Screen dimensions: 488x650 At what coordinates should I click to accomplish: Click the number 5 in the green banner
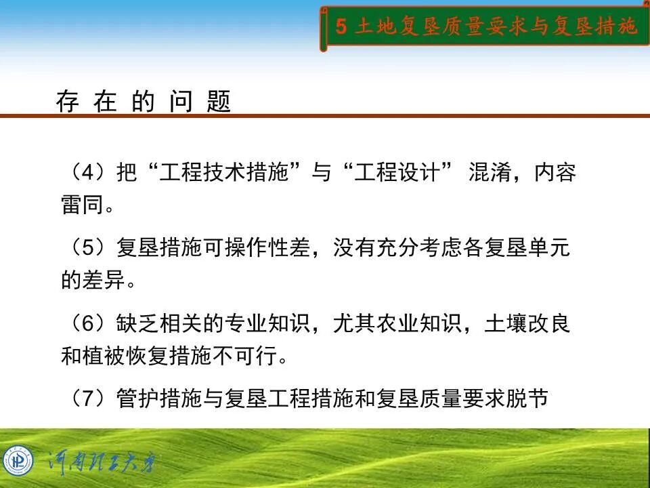click(341, 27)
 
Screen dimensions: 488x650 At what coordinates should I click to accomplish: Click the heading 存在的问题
click(144, 102)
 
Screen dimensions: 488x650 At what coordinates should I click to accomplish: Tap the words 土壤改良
click(527, 323)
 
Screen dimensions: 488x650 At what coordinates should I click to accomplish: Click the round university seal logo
click(18, 462)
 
